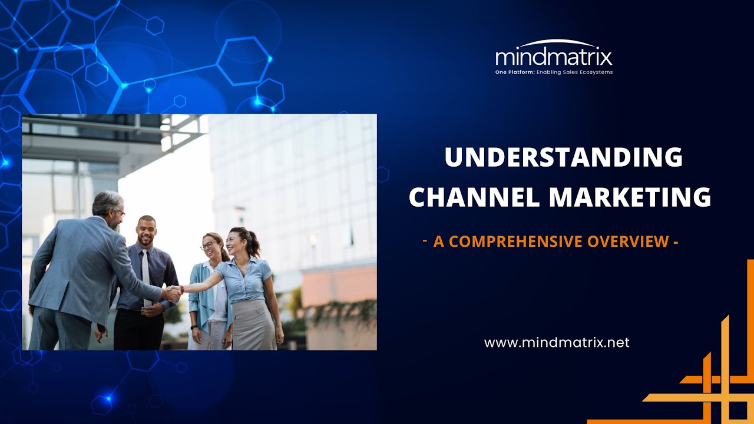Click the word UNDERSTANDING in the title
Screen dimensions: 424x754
(563, 158)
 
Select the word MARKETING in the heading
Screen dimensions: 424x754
(630, 197)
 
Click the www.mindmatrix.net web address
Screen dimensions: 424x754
(557, 342)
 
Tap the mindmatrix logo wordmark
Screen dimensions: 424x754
(554, 58)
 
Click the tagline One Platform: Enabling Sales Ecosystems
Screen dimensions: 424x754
(554, 72)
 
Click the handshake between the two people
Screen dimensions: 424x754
(172, 291)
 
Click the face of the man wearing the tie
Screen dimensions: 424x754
(146, 231)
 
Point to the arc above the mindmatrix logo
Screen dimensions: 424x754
(554, 42)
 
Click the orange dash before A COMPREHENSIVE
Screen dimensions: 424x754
(425, 240)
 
